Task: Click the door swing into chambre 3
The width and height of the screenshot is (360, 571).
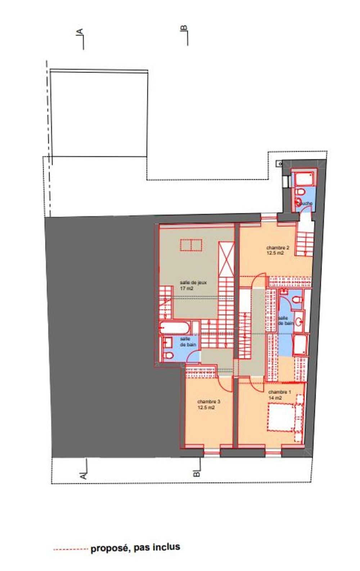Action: click(226, 384)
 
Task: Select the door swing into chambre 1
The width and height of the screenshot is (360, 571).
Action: click(256, 385)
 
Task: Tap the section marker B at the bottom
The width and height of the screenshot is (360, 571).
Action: click(197, 472)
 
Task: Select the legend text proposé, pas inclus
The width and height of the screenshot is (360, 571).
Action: click(135, 548)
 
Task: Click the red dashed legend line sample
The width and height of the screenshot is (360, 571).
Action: click(71, 549)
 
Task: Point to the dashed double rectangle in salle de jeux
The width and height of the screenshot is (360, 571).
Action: click(191, 245)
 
